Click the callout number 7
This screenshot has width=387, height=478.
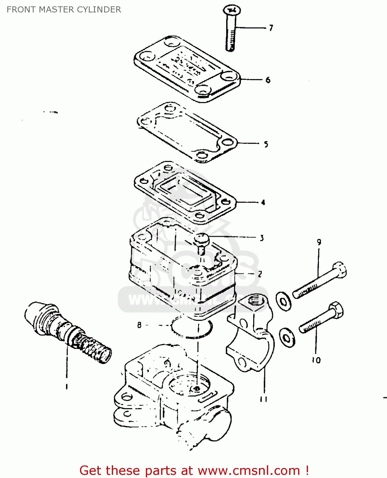(271, 28)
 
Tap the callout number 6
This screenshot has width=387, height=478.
(268, 80)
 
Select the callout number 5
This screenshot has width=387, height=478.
(266, 144)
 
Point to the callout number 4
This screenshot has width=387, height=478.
(263, 202)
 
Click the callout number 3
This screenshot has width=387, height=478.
(262, 238)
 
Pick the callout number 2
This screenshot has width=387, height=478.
(260, 274)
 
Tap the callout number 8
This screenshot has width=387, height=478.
(139, 325)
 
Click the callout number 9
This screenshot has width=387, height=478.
(319, 242)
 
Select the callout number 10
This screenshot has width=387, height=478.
(316, 360)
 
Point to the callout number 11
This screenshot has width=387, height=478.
(263, 399)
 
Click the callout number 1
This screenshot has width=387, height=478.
(67, 387)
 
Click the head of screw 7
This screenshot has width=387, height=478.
(232, 11)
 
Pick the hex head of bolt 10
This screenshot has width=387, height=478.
(336, 309)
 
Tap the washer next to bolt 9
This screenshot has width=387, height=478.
(283, 301)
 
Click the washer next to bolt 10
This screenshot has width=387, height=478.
(287, 338)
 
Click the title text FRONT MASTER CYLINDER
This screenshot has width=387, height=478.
(64, 10)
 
